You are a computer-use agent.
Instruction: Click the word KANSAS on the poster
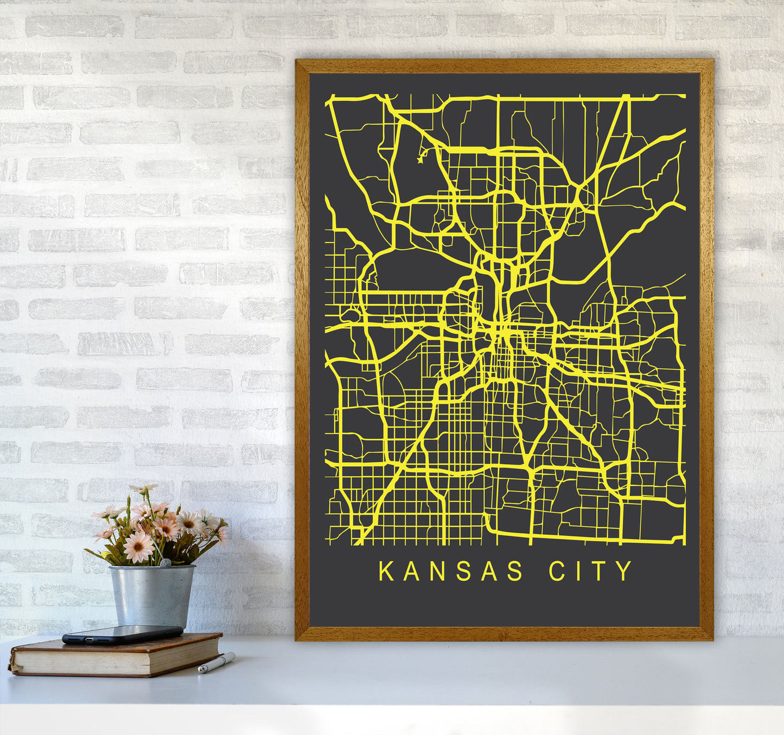click(x=450, y=571)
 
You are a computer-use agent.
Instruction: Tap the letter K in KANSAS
click(x=386, y=571)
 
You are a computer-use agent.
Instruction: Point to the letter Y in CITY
click(x=626, y=571)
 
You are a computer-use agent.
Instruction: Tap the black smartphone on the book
click(x=122, y=634)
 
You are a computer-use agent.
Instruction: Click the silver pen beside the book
click(x=216, y=663)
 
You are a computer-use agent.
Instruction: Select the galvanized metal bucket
click(x=151, y=595)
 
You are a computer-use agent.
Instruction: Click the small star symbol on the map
click(x=419, y=160)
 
